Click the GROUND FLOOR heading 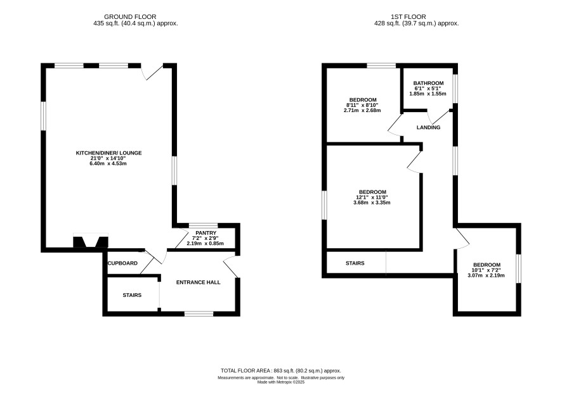point(130,17)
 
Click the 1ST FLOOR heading point(408,17)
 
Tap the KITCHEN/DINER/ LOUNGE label point(108,153)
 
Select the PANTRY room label point(206,233)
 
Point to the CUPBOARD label point(122,263)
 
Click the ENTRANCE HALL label point(198,282)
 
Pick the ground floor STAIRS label point(132,295)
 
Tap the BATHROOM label point(428,83)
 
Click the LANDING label point(428,127)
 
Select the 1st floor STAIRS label point(355,263)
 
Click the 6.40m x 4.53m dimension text point(108,164)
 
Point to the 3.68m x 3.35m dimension point(372,203)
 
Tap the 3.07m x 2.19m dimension point(486,275)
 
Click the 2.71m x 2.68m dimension point(362,111)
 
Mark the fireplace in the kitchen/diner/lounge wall point(91,241)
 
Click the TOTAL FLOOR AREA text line point(280,371)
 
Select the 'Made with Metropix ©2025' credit point(281,382)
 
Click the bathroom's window point(455,89)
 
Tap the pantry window point(203,225)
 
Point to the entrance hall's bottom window point(199,313)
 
